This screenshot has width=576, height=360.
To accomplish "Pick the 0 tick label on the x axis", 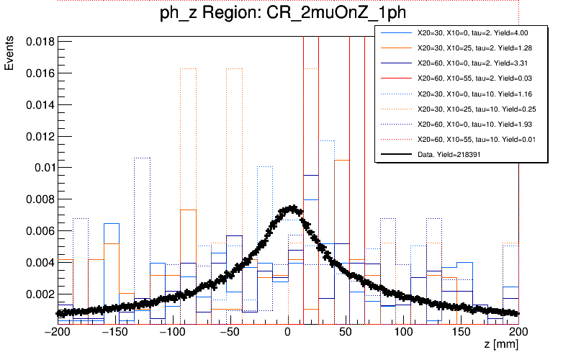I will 287,333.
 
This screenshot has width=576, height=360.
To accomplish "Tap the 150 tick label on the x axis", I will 462,333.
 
